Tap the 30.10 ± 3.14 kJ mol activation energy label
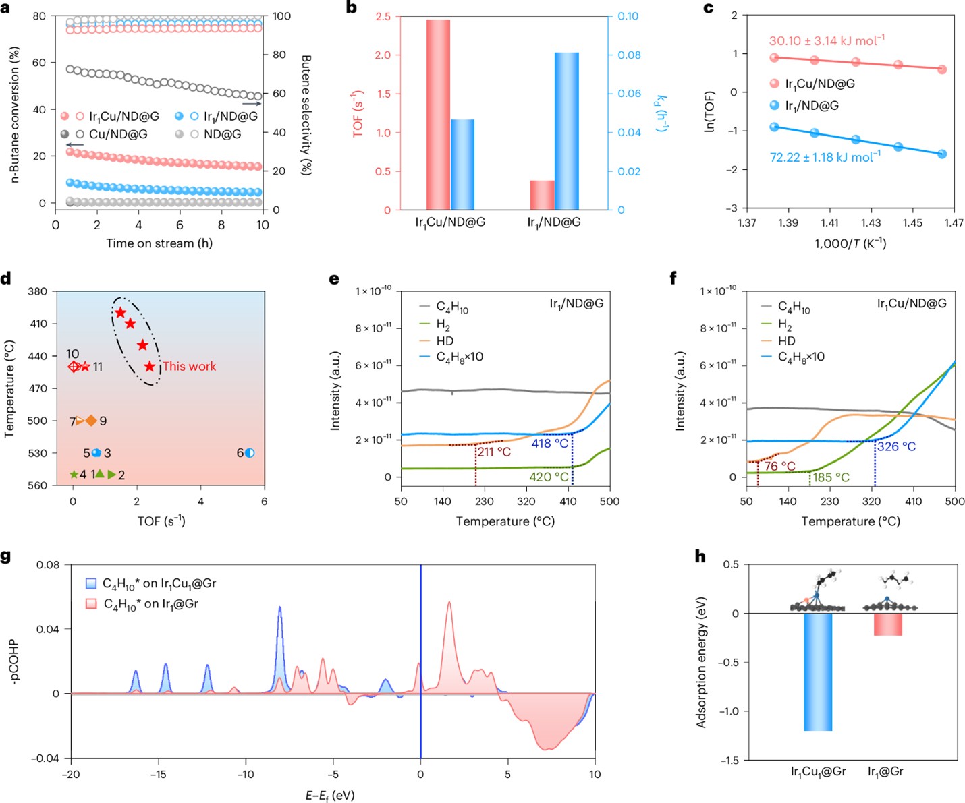pos(827,41)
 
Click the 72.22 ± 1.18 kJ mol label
pos(825,157)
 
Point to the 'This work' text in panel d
pos(190,367)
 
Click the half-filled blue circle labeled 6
pos(250,453)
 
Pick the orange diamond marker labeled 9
pos(91,421)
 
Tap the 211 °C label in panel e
pos(495,452)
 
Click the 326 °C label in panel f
pos(896,446)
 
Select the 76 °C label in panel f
pos(779,466)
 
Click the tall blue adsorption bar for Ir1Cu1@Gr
pos(818,672)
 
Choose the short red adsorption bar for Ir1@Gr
pos(887,624)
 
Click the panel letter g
pos(7,556)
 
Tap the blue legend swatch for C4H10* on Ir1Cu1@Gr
pos(92,583)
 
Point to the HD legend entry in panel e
pos(445,341)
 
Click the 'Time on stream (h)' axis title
pos(159,243)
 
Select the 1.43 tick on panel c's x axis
pos(871,223)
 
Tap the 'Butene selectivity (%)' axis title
pos(306,115)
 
